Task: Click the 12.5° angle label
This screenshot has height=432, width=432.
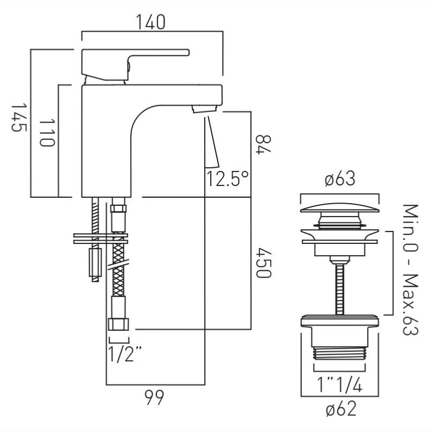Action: (x=227, y=178)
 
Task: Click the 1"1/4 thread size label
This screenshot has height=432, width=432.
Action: (x=340, y=385)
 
